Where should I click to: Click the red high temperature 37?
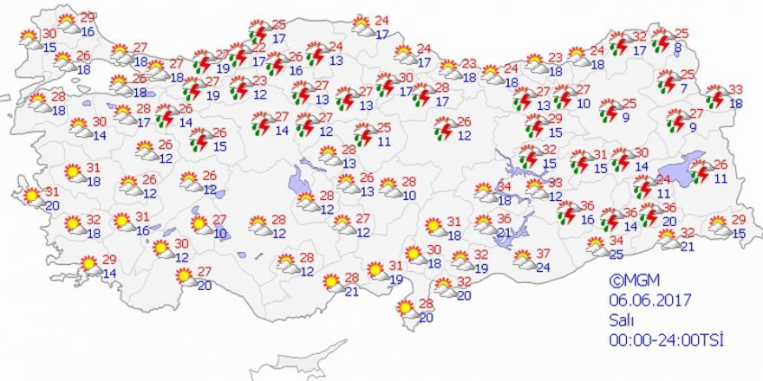pos(544,253)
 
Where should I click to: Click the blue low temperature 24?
pos(544,268)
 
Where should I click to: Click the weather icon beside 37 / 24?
pos(524,258)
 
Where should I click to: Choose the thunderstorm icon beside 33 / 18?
pos(715,95)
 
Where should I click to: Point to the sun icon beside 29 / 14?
pos(89,263)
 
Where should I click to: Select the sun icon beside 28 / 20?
pos(405,307)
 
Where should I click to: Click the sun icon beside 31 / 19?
pos(375,271)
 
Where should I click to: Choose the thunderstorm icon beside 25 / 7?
pos(668,81)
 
